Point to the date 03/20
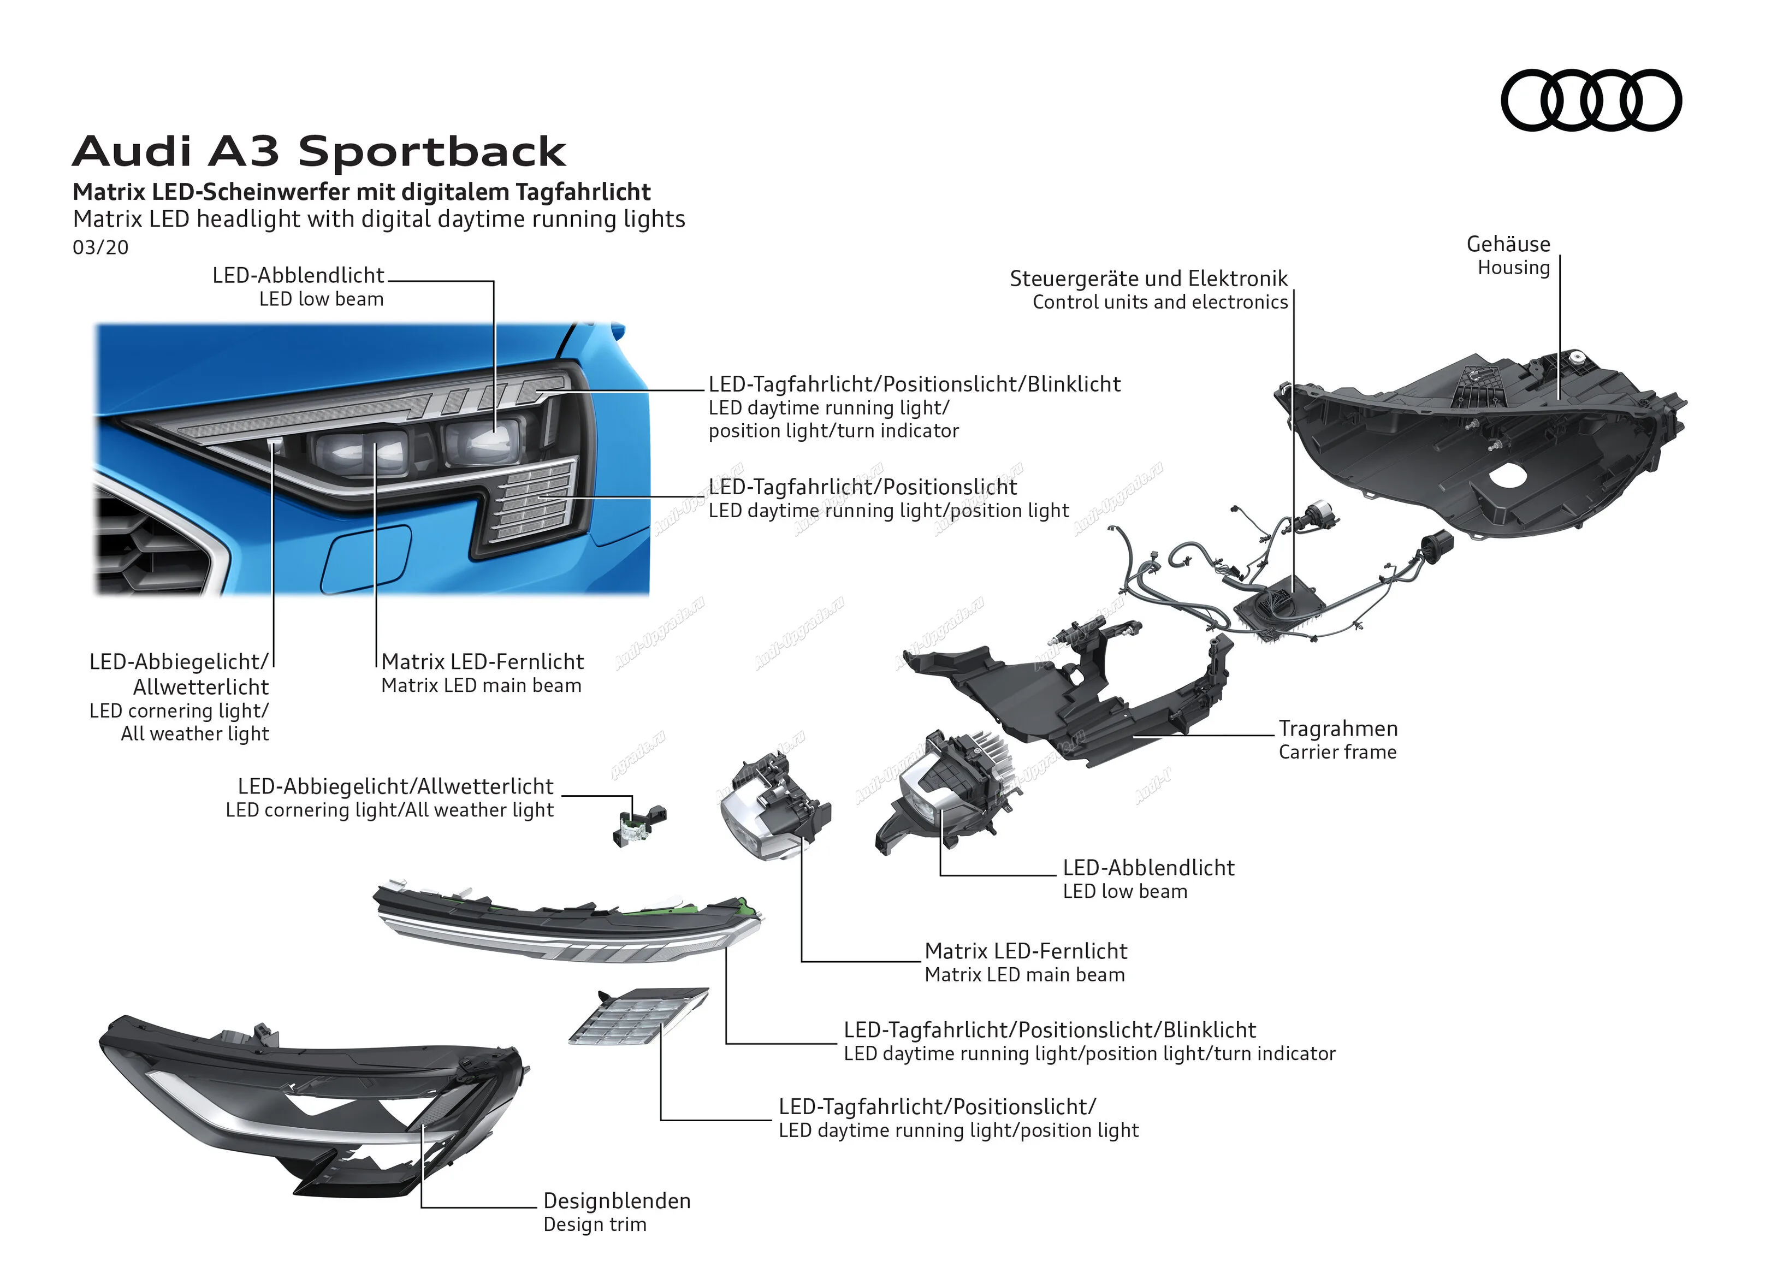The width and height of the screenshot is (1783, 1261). click(100, 248)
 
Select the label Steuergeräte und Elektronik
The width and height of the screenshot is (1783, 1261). click(1148, 278)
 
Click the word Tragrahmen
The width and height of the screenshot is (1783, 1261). click(1338, 729)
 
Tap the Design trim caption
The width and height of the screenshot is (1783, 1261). click(594, 1224)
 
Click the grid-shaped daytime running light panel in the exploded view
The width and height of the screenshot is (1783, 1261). click(638, 1016)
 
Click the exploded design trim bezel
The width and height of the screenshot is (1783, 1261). click(311, 1103)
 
